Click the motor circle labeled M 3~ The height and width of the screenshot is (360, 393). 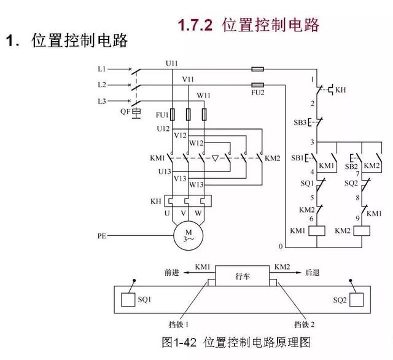184,235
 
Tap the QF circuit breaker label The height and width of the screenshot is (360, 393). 125,112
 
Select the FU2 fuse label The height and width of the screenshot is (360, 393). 259,93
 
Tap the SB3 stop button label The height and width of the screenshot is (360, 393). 300,122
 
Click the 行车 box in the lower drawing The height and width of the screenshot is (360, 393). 243,278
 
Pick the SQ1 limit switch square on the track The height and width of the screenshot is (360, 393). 128,300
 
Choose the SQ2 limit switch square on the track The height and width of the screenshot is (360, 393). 358,300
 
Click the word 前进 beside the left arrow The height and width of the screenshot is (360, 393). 173,270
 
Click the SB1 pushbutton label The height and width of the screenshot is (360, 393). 298,158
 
